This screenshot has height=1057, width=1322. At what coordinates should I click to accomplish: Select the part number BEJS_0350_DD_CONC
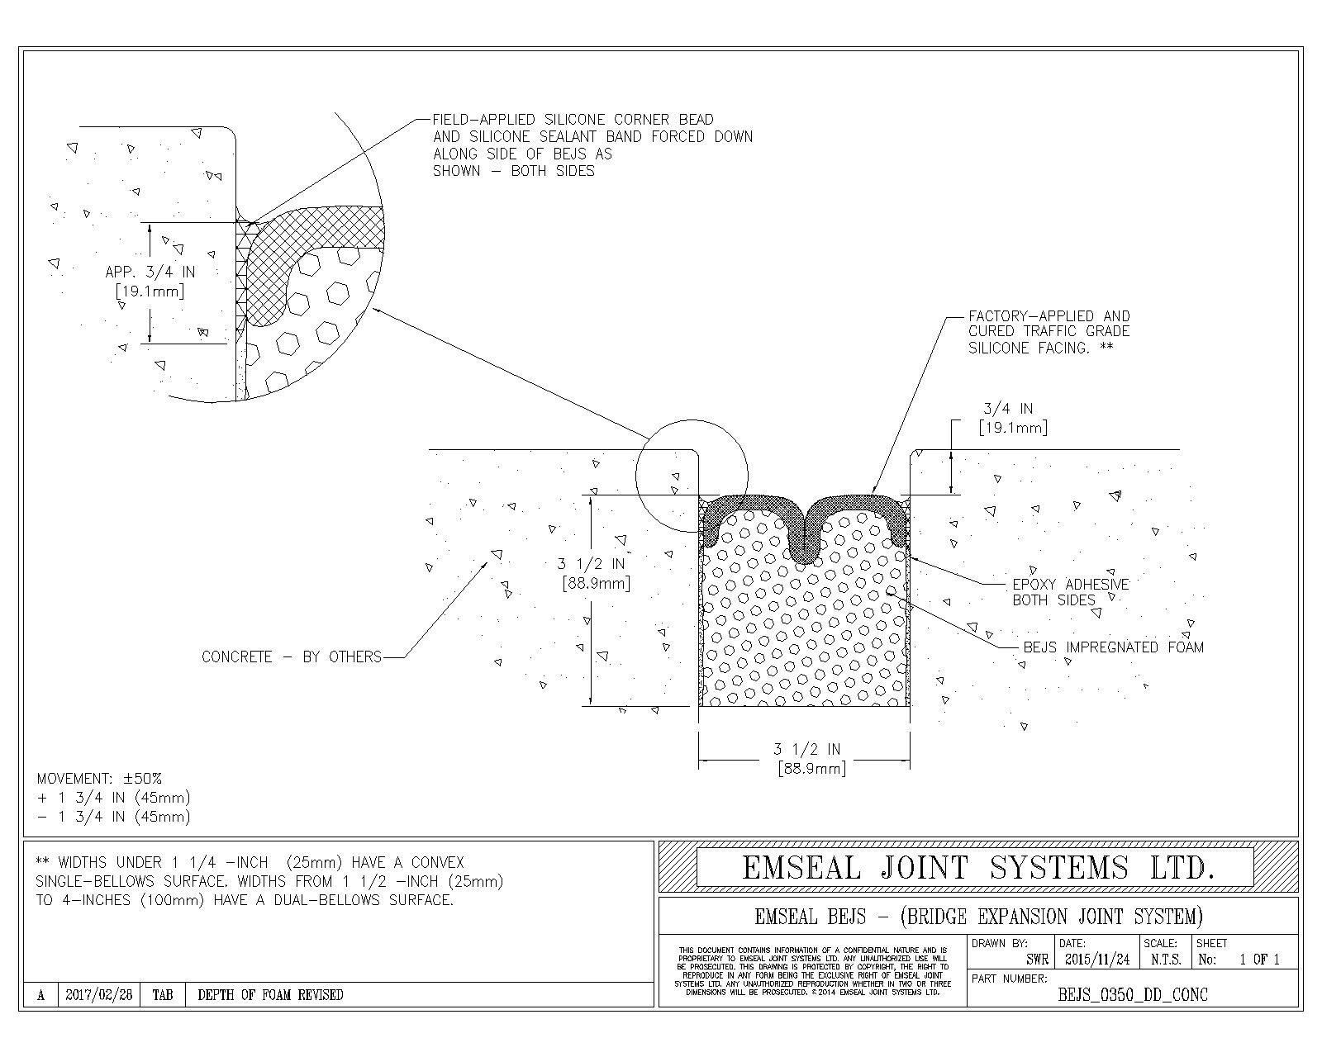(1133, 994)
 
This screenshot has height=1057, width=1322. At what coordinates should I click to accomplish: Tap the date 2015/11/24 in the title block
(1097, 960)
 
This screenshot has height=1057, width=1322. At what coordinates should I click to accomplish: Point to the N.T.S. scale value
(1165, 960)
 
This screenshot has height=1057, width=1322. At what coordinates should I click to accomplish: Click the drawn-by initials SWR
(1037, 960)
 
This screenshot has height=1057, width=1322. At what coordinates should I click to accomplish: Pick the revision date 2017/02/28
(98, 995)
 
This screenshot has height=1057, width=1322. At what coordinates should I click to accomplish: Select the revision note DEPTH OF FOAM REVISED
(270, 995)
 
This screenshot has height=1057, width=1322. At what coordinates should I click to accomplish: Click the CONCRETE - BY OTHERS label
(292, 657)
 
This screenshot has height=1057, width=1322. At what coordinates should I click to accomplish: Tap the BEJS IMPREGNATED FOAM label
(1113, 647)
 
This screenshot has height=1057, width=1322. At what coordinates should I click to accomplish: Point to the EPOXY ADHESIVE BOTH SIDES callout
(1070, 592)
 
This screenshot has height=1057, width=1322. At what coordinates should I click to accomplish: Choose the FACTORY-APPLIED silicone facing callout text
(1049, 332)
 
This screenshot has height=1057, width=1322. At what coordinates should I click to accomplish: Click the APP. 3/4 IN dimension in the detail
(150, 281)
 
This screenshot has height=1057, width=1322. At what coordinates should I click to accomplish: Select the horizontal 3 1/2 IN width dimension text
(807, 759)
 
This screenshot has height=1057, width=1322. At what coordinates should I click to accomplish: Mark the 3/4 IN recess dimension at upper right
(1011, 418)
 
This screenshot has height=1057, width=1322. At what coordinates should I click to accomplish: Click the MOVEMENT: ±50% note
(100, 779)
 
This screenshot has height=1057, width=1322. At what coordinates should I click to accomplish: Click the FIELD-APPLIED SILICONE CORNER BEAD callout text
(592, 145)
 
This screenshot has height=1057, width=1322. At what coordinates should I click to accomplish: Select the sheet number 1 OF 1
(1258, 960)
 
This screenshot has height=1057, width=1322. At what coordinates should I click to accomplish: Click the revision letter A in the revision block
(40, 995)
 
